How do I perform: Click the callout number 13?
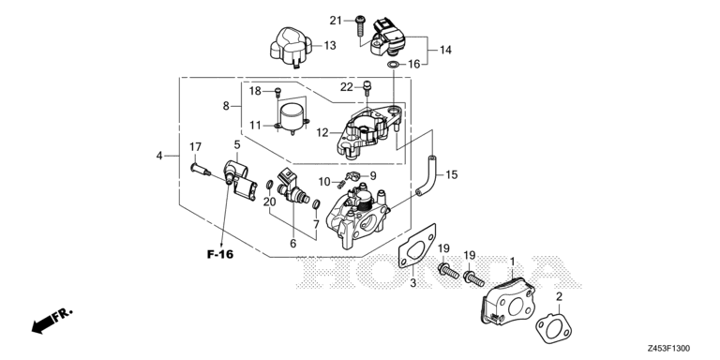[x=330, y=45]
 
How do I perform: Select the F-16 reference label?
[x=220, y=254]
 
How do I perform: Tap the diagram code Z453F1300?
[x=668, y=349]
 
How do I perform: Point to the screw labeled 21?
[x=360, y=26]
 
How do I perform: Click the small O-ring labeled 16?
[x=394, y=65]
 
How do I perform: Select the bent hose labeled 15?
[x=427, y=176]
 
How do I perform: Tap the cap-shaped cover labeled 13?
[x=292, y=47]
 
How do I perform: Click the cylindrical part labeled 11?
[x=292, y=118]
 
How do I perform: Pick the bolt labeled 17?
[x=201, y=170]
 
